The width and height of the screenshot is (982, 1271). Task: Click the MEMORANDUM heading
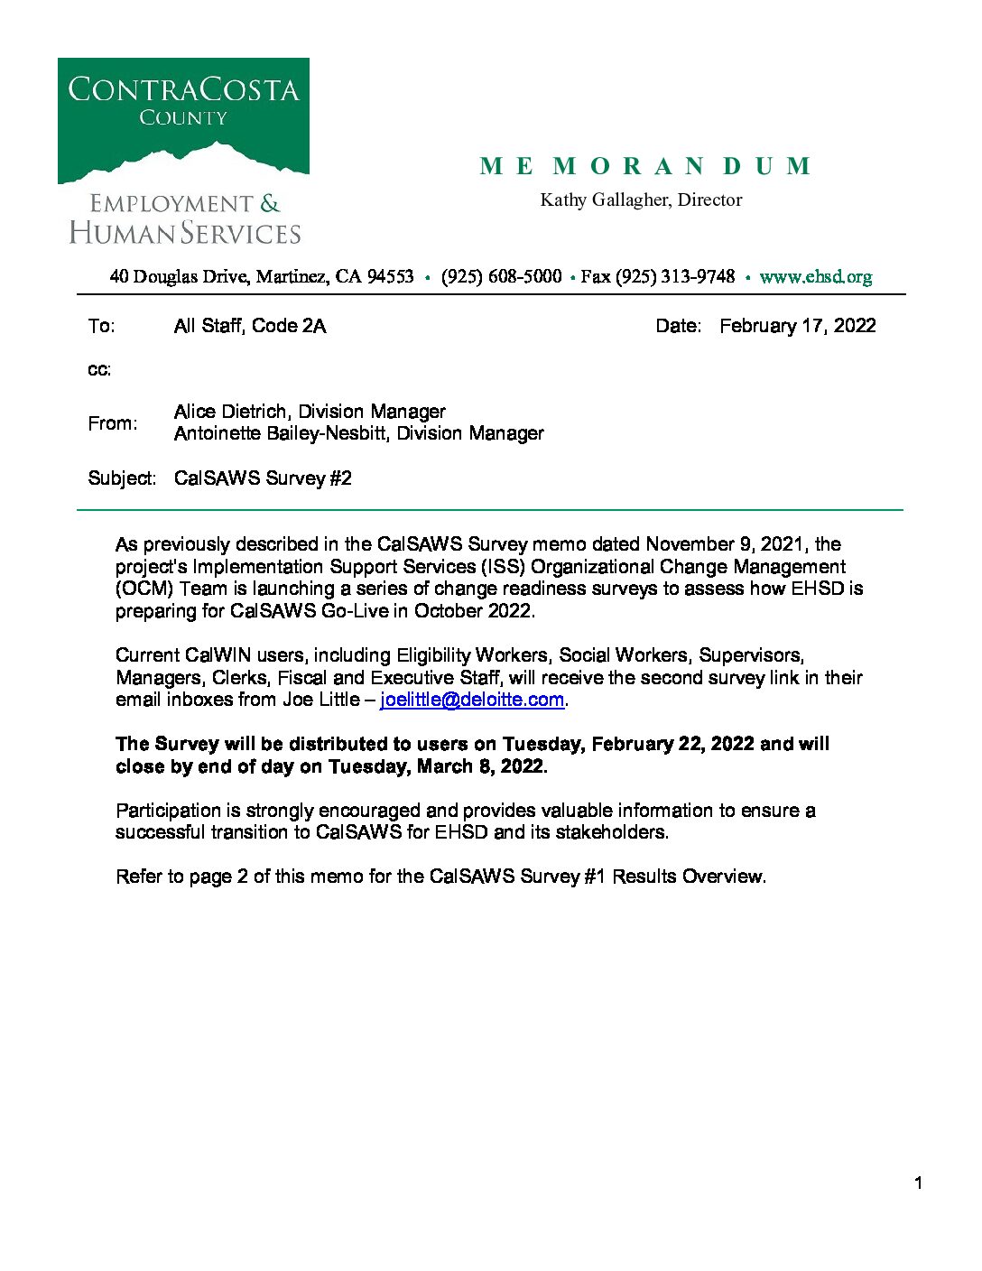pyautogui.click(x=644, y=166)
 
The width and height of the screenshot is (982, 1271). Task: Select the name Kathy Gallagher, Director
pyautogui.click(x=641, y=199)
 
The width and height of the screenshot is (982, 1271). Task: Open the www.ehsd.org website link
pyautogui.click(x=815, y=276)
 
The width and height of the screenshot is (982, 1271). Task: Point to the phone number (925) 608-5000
pyautogui.click(x=501, y=276)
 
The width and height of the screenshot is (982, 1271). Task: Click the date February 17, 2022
pyautogui.click(x=797, y=326)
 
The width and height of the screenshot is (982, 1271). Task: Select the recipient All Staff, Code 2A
pyautogui.click(x=249, y=326)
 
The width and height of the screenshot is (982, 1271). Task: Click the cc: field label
pyautogui.click(x=99, y=369)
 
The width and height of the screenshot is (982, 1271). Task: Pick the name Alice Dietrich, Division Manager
pyautogui.click(x=310, y=412)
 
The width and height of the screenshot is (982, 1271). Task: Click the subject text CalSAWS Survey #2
pyautogui.click(x=263, y=478)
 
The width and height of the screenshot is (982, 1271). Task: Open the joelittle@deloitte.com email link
pyautogui.click(x=472, y=700)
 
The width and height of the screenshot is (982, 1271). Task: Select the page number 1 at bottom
pyautogui.click(x=918, y=1183)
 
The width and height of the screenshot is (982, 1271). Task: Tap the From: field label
pyautogui.click(x=113, y=422)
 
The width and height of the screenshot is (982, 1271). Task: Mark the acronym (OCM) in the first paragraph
pyautogui.click(x=144, y=589)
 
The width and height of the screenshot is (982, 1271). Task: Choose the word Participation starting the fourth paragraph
pyautogui.click(x=169, y=811)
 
